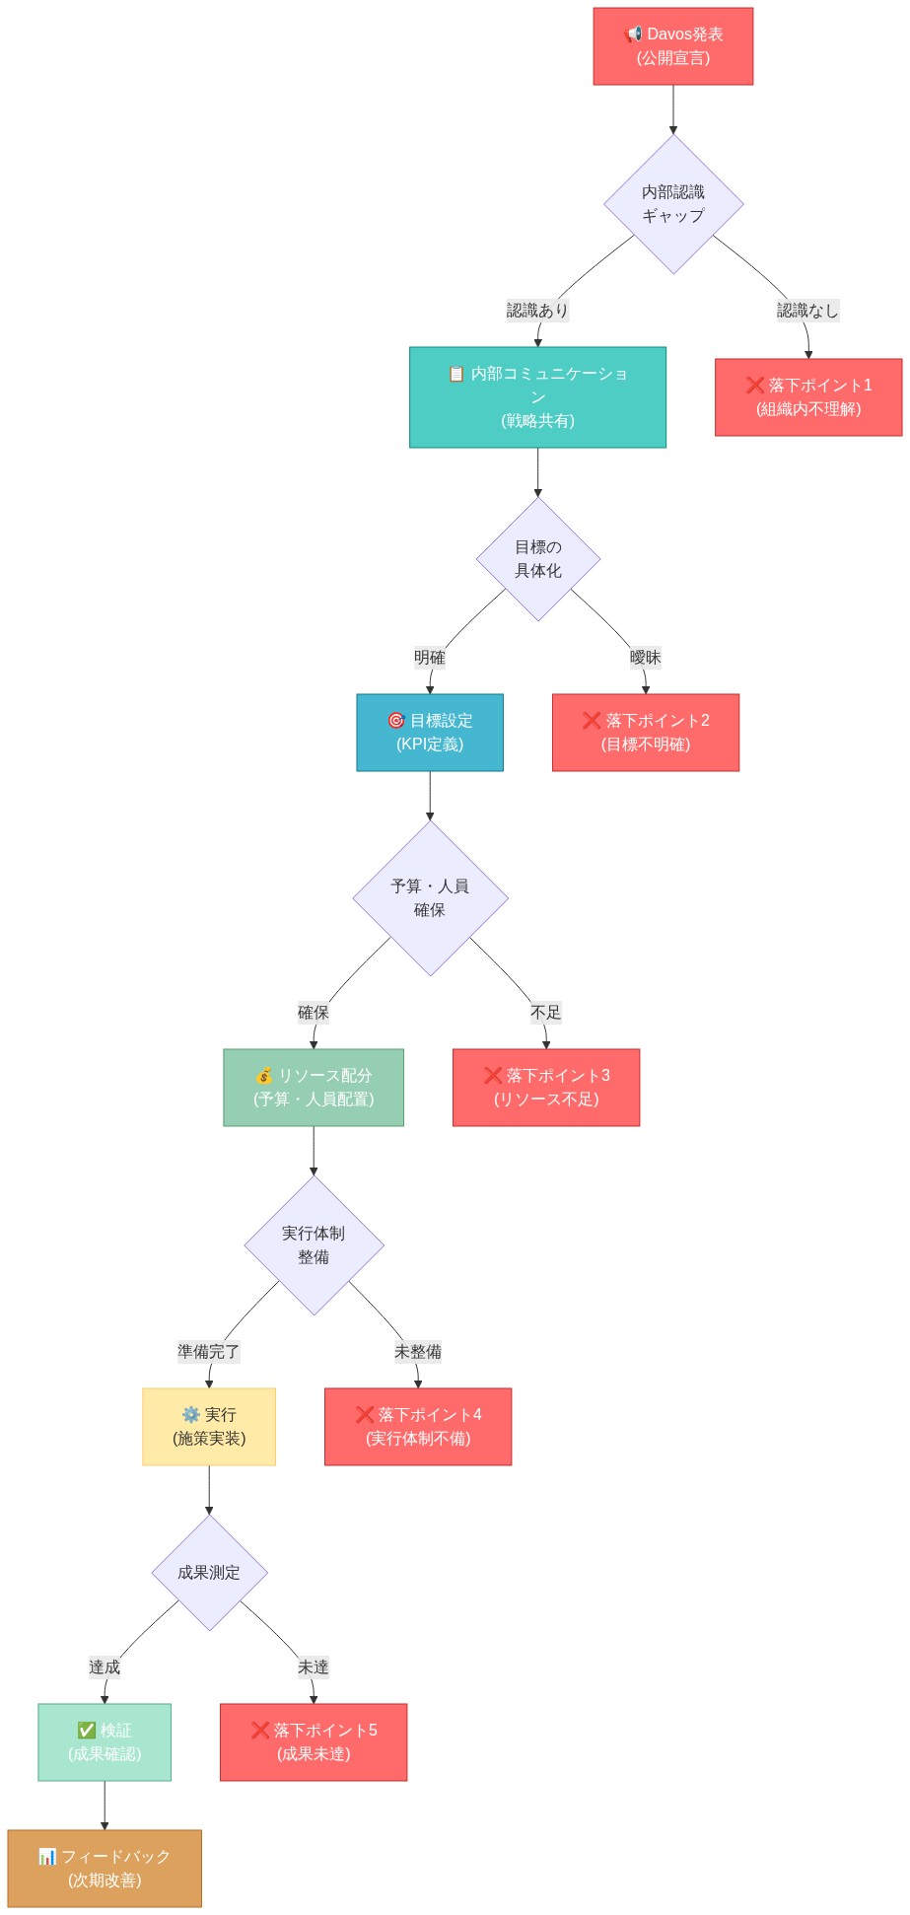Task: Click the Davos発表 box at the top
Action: tap(672, 46)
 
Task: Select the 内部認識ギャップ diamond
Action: tap(673, 204)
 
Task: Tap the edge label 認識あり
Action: tap(537, 310)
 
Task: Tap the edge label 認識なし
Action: tap(806, 310)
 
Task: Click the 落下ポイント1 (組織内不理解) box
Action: tap(807, 396)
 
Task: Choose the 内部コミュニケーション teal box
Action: tap(537, 396)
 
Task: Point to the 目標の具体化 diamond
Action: tap(537, 558)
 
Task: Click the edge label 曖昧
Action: tap(645, 657)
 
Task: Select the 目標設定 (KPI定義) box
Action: tap(429, 732)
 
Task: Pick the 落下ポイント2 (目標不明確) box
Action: tap(645, 732)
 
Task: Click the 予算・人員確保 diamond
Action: tap(430, 897)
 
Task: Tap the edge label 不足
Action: tap(545, 1012)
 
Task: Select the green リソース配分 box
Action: tap(313, 1087)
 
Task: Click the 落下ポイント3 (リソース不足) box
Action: tap(545, 1087)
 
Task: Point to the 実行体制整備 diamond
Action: tap(314, 1244)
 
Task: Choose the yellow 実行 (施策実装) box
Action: tap(208, 1426)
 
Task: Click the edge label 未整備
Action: tap(417, 1351)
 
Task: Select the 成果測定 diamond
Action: tap(209, 1572)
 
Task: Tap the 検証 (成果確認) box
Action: tap(105, 1741)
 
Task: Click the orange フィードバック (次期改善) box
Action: tap(105, 1868)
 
